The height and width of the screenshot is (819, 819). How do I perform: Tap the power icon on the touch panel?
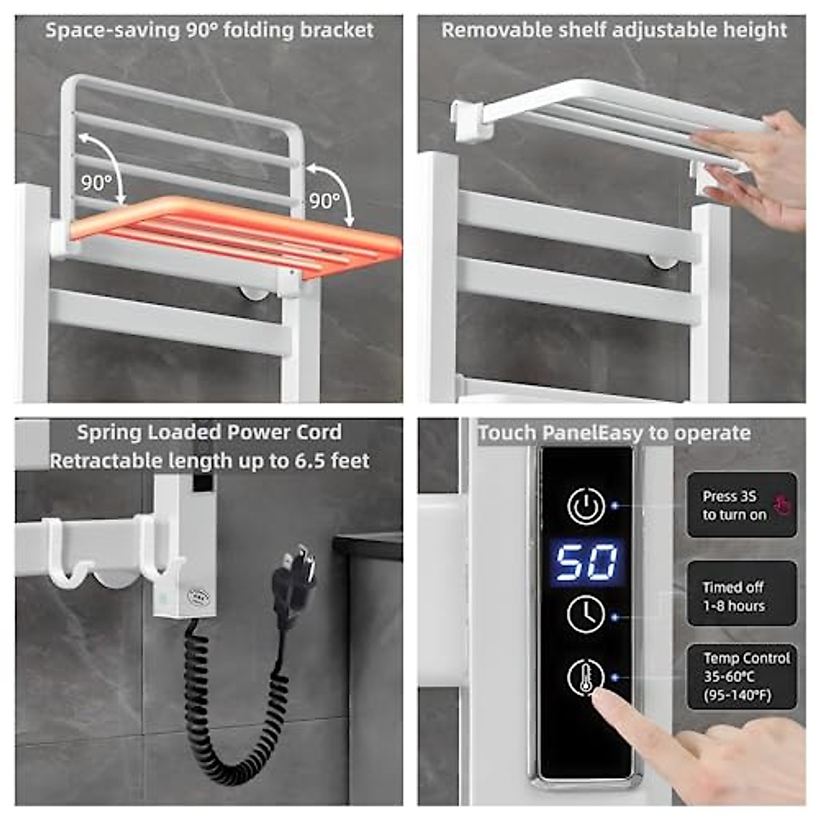point(586,506)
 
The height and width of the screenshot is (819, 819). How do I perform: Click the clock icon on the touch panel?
point(586,614)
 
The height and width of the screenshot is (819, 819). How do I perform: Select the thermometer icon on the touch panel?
point(586,676)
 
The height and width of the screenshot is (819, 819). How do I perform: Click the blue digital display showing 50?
point(586,562)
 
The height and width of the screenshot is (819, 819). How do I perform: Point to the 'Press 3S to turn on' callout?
point(741,506)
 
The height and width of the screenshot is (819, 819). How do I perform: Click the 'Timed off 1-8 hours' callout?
point(741,596)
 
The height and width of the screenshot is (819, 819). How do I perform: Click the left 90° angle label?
point(96,183)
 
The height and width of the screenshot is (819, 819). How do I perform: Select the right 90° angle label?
point(324,201)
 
